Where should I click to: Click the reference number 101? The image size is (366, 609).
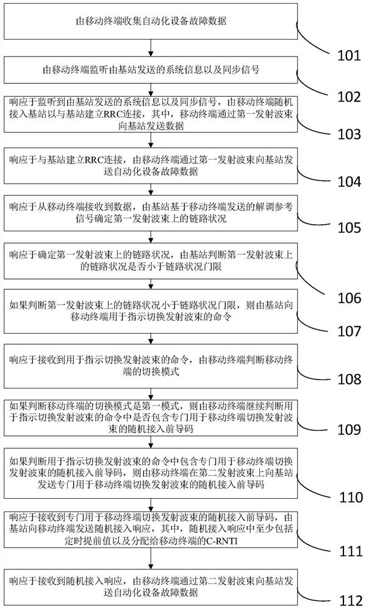349,55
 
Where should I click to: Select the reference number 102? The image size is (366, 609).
349,96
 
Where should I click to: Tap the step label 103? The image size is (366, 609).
349,134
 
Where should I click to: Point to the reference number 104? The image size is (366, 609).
349,181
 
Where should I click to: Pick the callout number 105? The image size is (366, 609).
349,227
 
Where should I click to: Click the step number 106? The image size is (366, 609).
349,298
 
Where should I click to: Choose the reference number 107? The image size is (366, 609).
349,331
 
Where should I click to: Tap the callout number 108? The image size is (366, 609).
349,379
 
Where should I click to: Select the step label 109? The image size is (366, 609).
349,429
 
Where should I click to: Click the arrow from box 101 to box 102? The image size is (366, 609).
151,48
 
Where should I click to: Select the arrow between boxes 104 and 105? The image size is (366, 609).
151,189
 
